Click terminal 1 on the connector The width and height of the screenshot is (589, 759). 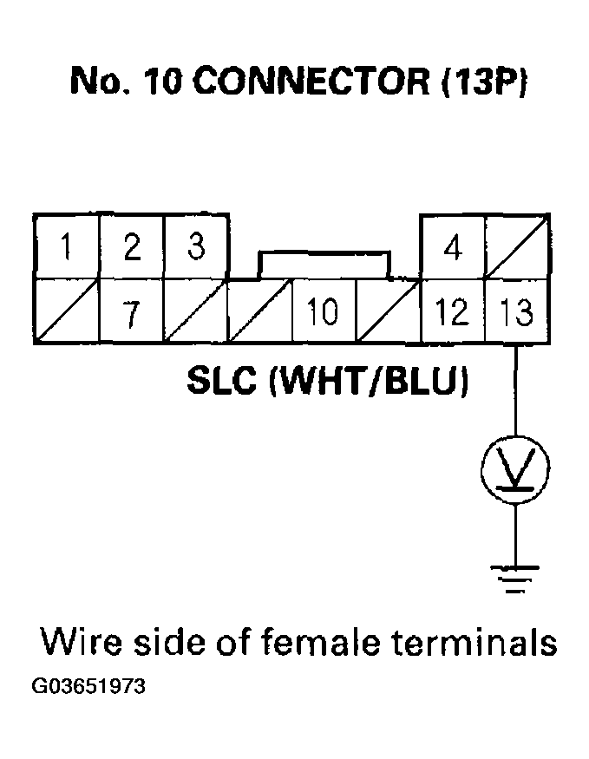pos(66,247)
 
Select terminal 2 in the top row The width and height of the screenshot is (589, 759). pos(131,247)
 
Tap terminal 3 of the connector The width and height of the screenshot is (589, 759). pos(196,246)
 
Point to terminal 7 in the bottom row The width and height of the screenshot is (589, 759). pos(131,311)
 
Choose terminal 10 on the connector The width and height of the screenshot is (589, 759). pos(324,311)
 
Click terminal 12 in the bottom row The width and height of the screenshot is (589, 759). pos(452,311)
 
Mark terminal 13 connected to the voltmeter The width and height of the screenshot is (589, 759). pos(516,311)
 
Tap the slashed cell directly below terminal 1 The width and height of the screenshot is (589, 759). pos(66,311)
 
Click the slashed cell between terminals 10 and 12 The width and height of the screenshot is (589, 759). pos(388,311)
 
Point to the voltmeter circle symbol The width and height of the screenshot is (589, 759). pos(516,469)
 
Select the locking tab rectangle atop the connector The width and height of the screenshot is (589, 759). pos(324,265)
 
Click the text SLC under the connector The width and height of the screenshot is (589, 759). pos(224,382)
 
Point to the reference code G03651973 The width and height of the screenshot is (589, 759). pos(89,687)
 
